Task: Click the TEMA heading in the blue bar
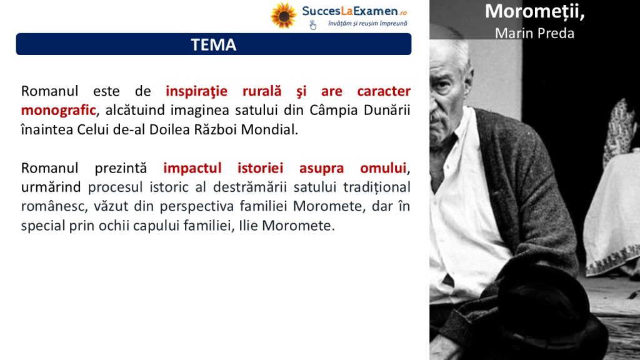[214, 44]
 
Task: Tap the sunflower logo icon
[284, 16]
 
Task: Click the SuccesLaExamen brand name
[350, 11]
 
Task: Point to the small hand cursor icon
[312, 25]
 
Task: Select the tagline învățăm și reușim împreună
[367, 24]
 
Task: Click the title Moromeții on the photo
[535, 11]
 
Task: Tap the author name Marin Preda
[535, 33]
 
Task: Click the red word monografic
[58, 110]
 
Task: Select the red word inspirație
[196, 91]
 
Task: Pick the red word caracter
[384, 91]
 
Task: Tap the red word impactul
[192, 168]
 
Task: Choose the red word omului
[384, 168]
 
